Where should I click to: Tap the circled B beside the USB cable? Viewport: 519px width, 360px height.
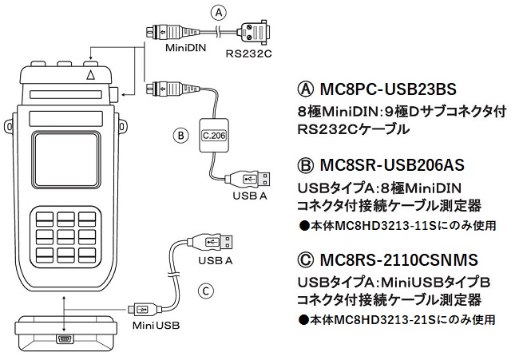[x=180, y=135]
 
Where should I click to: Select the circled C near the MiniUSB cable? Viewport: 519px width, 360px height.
[x=205, y=291]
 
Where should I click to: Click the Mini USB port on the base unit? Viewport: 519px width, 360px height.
[x=65, y=341]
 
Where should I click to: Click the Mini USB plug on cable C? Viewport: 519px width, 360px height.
[x=142, y=308]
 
